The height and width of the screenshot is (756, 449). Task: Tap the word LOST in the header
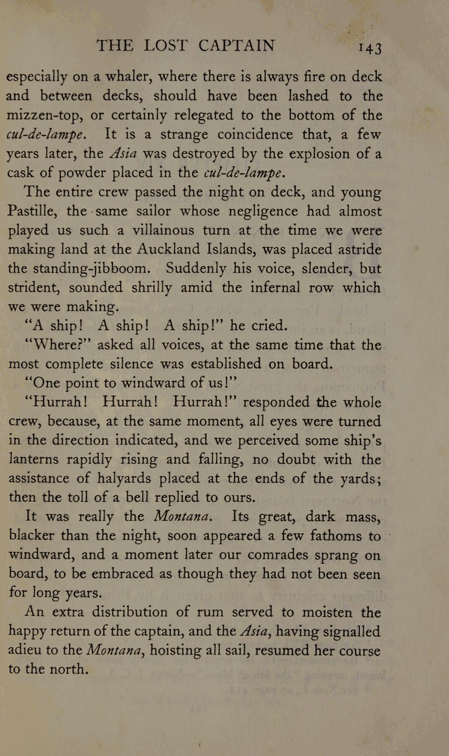coord(166,45)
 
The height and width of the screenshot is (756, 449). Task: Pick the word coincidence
coord(255,134)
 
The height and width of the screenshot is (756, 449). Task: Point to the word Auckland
coord(168,249)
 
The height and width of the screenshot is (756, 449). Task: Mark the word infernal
coord(275,288)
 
